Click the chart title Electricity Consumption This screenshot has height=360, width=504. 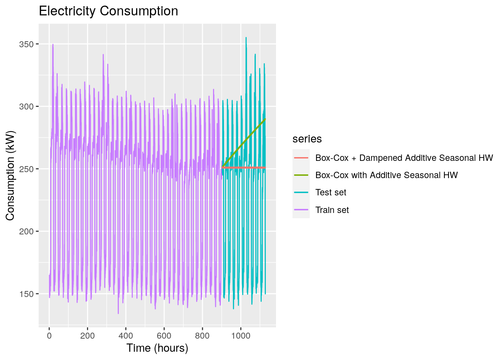[108, 11]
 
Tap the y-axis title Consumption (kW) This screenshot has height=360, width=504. [10, 175]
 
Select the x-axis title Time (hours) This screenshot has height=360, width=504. [157, 348]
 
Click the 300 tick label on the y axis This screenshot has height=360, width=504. [26, 106]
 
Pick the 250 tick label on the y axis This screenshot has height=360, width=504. [26, 169]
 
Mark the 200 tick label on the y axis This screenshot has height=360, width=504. [26, 231]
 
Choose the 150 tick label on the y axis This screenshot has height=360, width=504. [26, 294]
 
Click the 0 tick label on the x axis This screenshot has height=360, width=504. [49, 336]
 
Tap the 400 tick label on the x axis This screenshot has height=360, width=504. [126, 336]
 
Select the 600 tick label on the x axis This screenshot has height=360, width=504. [164, 336]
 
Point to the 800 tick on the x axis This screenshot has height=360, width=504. [202, 336]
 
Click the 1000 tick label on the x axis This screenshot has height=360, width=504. [241, 336]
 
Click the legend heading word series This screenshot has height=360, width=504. [307, 139]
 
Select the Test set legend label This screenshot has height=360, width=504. [331, 192]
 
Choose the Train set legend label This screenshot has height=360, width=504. [332, 210]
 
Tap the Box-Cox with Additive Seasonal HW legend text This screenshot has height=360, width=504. [386, 175]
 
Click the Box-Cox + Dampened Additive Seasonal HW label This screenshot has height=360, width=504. [404, 158]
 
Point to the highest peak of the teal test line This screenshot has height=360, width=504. [246, 37]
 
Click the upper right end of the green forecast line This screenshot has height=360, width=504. [265, 119]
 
